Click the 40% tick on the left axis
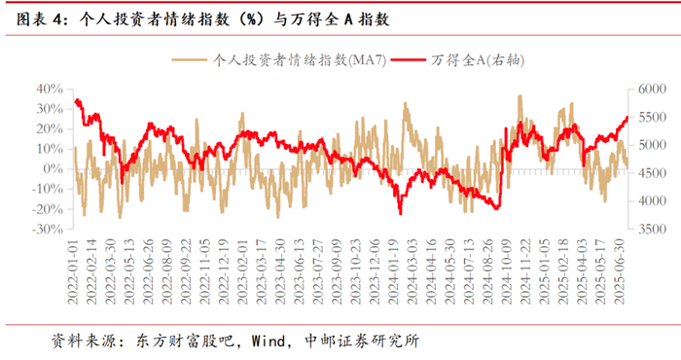[x=50, y=89]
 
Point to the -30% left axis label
[x=48, y=229]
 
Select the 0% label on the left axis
[x=53, y=169]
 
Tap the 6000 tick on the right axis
[x=652, y=89]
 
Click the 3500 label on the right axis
[x=652, y=229]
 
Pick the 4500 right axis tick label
[x=652, y=173]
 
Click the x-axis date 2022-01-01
[x=73, y=271]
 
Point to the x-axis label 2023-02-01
[x=242, y=271]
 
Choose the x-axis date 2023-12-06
[x=374, y=271]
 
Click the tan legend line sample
[x=189, y=60]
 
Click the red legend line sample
[x=408, y=60]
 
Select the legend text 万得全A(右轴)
[x=478, y=60]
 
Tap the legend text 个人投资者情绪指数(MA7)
[x=300, y=60]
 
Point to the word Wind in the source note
[x=269, y=341]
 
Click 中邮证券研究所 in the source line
[x=362, y=341]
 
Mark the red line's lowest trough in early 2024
[x=401, y=213]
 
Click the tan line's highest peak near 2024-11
[x=520, y=96]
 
